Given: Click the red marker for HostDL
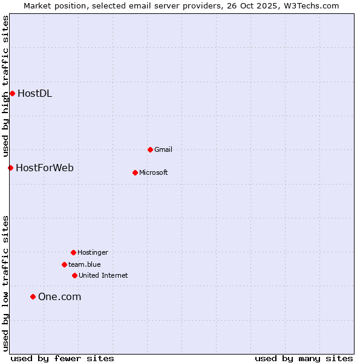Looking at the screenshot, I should click(12, 93).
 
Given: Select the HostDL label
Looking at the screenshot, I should click(34, 93).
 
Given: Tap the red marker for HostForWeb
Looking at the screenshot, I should click(10, 168).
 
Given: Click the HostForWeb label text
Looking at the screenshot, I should click(45, 168).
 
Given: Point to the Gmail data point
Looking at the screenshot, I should click(150, 149).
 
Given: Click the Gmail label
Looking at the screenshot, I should click(163, 149).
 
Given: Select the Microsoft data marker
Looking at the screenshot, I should click(135, 172).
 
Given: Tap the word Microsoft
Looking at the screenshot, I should click(154, 172).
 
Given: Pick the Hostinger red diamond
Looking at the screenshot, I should click(73, 252).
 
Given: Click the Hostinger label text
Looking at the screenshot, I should click(93, 252).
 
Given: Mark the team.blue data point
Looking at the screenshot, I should click(64, 264).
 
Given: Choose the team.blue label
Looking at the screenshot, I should click(85, 264).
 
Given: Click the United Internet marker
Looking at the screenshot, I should click(74, 275).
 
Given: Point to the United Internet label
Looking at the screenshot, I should click(103, 275).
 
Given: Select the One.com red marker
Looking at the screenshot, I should click(33, 296).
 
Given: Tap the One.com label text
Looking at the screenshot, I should click(59, 296).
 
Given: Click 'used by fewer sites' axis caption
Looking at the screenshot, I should click(62, 358).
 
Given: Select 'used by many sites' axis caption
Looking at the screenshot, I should click(304, 358).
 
